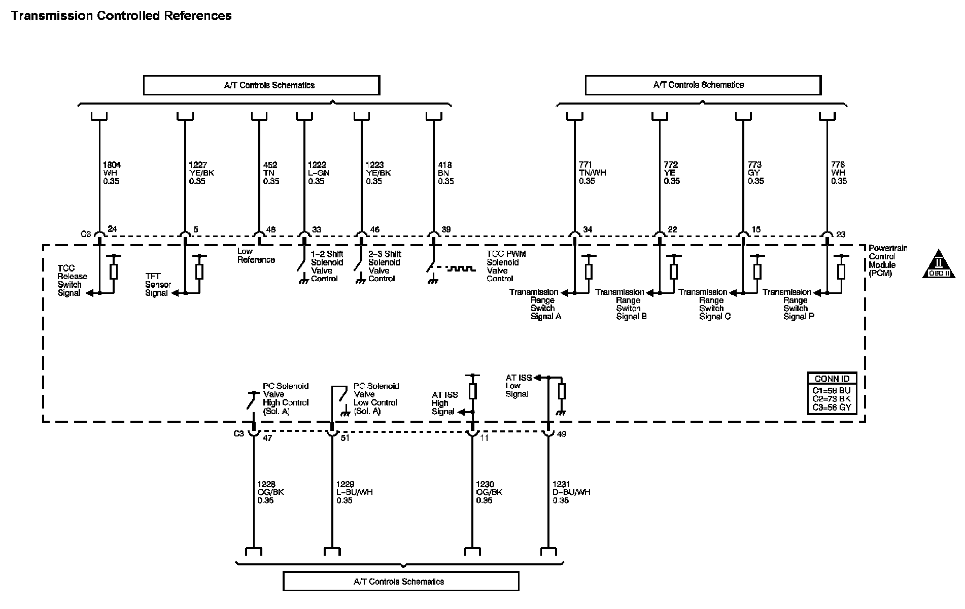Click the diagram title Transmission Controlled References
(121, 16)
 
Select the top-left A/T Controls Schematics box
(261, 85)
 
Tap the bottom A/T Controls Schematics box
(401, 582)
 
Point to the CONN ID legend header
(832, 379)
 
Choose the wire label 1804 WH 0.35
(112, 173)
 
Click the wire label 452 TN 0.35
(271, 173)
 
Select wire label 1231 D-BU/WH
(571, 492)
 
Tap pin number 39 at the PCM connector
(446, 230)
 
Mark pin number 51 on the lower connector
(345, 438)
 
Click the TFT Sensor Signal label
(158, 285)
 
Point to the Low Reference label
(256, 256)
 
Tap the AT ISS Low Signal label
(518, 386)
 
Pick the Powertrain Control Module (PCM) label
(887, 261)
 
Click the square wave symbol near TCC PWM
(461, 268)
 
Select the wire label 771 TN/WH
(592, 173)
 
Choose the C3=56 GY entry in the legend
(831, 407)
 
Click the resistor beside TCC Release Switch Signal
(114, 272)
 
